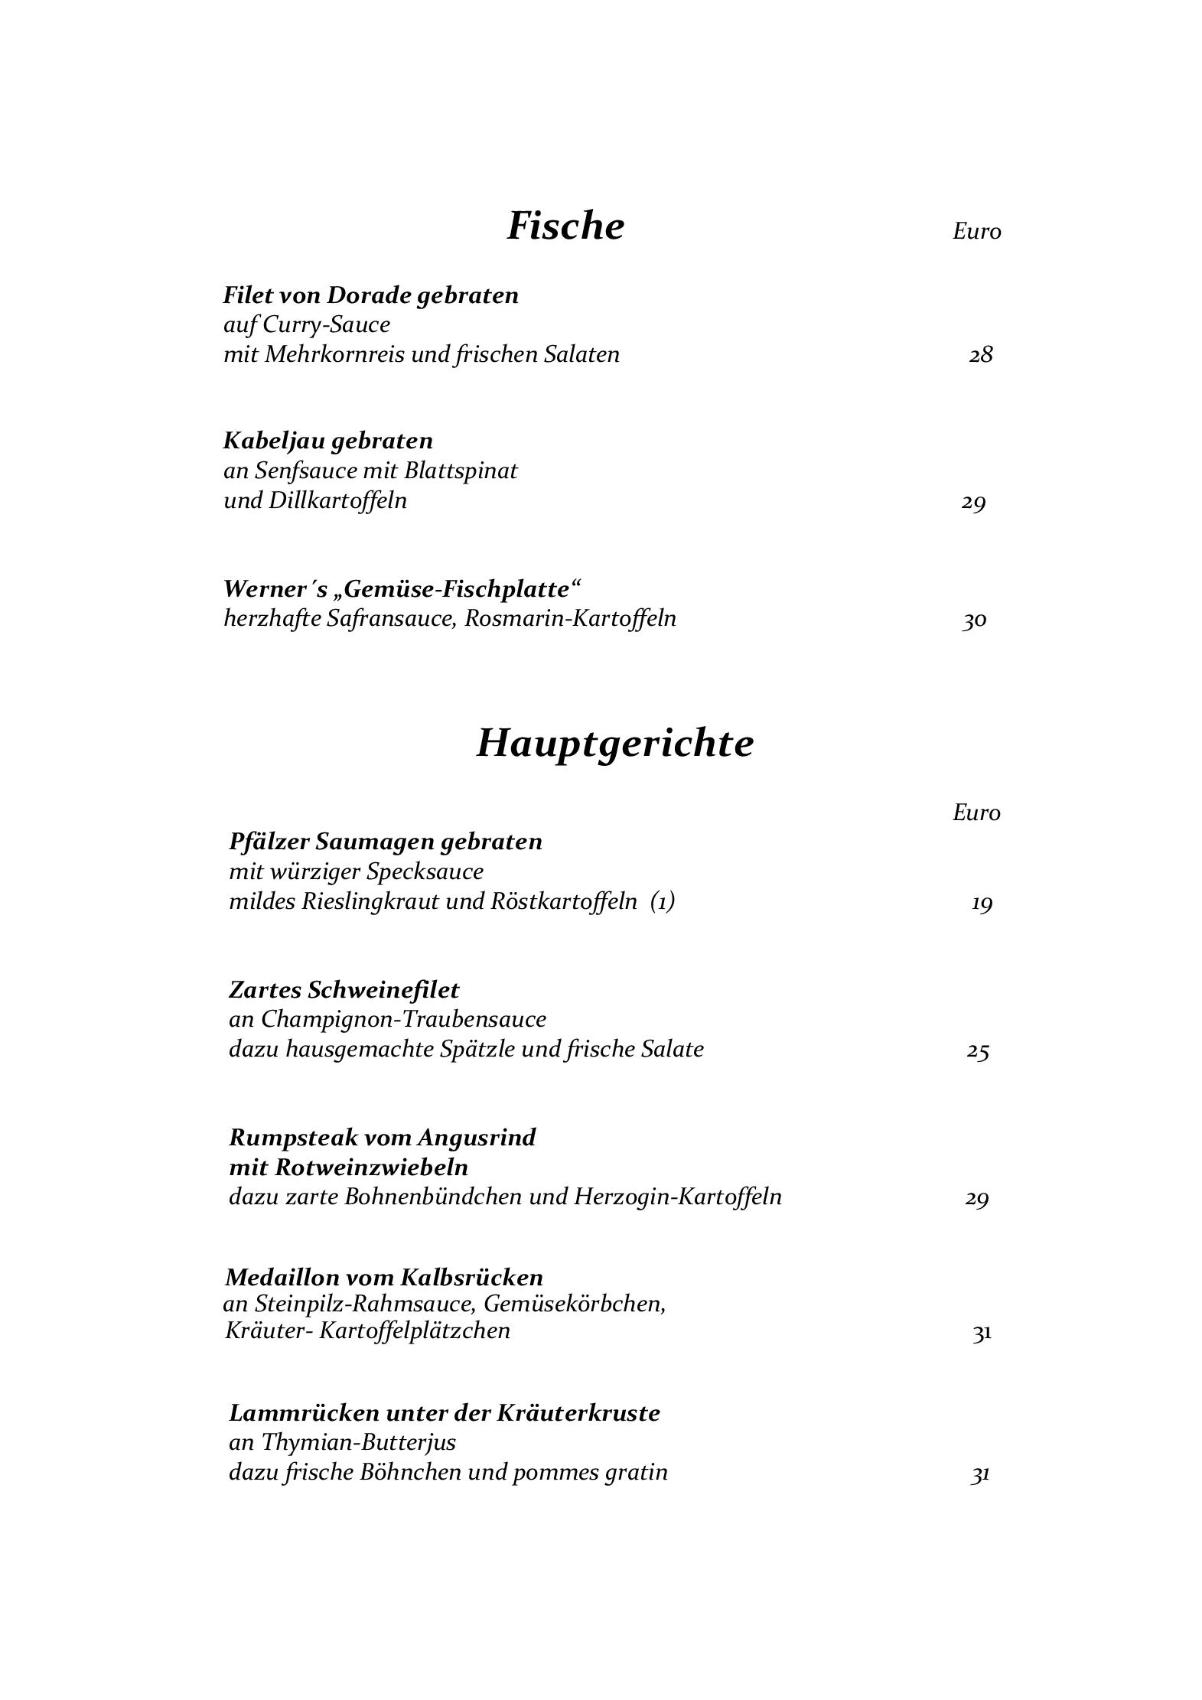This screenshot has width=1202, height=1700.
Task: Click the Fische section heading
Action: pyautogui.click(x=565, y=226)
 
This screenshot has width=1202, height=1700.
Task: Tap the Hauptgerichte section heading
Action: pyautogui.click(x=615, y=742)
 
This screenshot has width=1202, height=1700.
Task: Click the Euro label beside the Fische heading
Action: pyautogui.click(x=976, y=231)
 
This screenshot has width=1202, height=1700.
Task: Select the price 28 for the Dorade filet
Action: pyautogui.click(x=981, y=355)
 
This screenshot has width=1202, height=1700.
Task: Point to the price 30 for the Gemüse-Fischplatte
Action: pyautogui.click(x=974, y=620)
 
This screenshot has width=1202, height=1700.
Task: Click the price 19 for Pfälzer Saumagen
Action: pyautogui.click(x=982, y=904)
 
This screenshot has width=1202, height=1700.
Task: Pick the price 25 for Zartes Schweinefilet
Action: pyautogui.click(x=978, y=1051)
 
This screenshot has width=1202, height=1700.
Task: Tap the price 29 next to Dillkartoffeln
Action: pyautogui.click(x=973, y=503)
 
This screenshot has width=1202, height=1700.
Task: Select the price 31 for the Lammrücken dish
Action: pyautogui.click(x=980, y=1474)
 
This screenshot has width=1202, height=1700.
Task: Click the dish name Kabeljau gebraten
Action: pyautogui.click(x=328, y=441)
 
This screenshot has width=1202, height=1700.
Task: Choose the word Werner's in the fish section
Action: pyautogui.click(x=275, y=589)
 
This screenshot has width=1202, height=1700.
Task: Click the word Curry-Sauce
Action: pyautogui.click(x=327, y=325)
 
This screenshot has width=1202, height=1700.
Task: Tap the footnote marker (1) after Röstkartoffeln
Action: pyautogui.click(x=663, y=902)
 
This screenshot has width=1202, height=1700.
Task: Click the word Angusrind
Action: pyautogui.click(x=477, y=1138)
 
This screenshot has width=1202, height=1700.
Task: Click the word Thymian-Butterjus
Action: pyautogui.click(x=359, y=1442)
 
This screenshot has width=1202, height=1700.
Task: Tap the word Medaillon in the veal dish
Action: pyautogui.click(x=282, y=1277)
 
